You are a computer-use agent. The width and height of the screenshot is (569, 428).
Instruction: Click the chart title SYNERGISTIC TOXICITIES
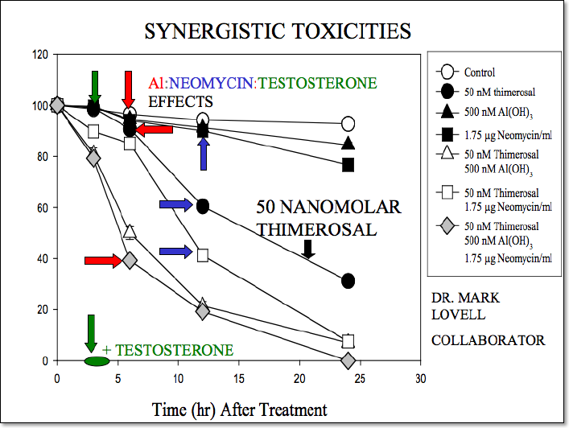[278, 31]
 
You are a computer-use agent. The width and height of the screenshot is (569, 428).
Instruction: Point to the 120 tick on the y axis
[39, 55]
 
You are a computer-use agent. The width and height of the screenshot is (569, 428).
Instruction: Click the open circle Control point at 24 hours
[348, 124]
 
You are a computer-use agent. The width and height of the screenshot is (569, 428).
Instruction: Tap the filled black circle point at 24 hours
[348, 281]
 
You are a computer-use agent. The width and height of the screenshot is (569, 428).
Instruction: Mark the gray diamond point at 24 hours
[348, 360]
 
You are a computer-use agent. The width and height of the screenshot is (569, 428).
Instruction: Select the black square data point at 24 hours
[348, 165]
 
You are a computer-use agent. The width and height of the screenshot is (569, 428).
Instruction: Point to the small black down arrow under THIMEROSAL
[307, 249]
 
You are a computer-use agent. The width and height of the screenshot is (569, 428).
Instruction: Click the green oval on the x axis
[96, 360]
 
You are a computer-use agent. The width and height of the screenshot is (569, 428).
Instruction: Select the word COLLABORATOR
[488, 340]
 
